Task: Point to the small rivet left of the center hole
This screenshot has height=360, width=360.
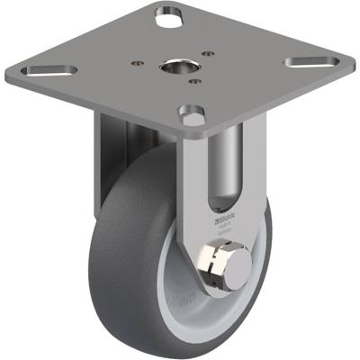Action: (137, 63)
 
